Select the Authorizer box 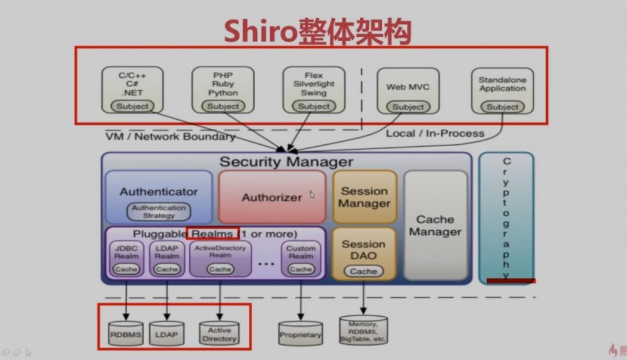pyautogui.click(x=272, y=197)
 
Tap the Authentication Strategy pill pyautogui.click(x=159, y=211)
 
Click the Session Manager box pyautogui.click(x=364, y=197)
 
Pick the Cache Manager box pyautogui.click(x=435, y=226)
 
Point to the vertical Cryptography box pyautogui.click(x=506, y=217)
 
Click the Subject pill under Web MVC pyautogui.click(x=408, y=107)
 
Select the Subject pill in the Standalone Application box pyautogui.click(x=503, y=107)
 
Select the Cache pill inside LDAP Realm pyautogui.click(x=167, y=269)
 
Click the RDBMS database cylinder pyautogui.click(x=126, y=335)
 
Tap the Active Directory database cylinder pyautogui.click(x=219, y=334)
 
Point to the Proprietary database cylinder pyautogui.click(x=300, y=335)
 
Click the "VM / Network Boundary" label pyautogui.click(x=170, y=136)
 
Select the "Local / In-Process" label pyautogui.click(x=435, y=133)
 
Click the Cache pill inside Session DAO pyautogui.click(x=364, y=271)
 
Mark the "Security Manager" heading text pyautogui.click(x=286, y=161)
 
